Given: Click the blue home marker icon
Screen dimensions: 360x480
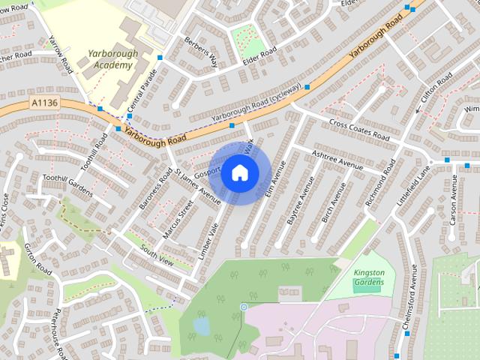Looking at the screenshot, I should coord(239,172).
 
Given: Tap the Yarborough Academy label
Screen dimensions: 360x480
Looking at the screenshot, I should coord(109,59).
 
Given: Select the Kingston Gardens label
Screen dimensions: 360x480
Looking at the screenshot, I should coord(368,277).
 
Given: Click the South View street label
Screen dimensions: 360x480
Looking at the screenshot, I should coord(157,256).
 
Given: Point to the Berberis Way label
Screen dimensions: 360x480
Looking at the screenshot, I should coord(202,51).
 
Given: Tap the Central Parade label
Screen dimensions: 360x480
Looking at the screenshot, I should coord(142,93).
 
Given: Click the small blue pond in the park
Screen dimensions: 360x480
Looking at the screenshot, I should coord(201,325).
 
